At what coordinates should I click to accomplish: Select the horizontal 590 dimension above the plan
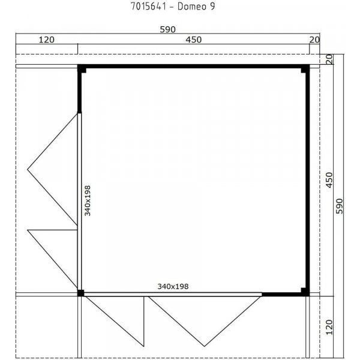[167, 28]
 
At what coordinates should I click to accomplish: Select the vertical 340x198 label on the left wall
[88, 200]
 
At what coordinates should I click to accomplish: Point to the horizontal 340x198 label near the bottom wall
[173, 287]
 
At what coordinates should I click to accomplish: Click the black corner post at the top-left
[83, 70]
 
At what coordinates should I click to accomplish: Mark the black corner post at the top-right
[305, 70]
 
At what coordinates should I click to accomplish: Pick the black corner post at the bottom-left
[82, 293]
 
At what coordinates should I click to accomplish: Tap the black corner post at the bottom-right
[305, 292]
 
